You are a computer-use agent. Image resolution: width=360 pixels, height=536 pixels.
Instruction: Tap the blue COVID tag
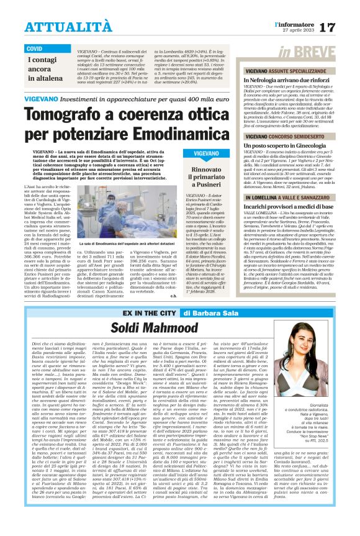point(35,48)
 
